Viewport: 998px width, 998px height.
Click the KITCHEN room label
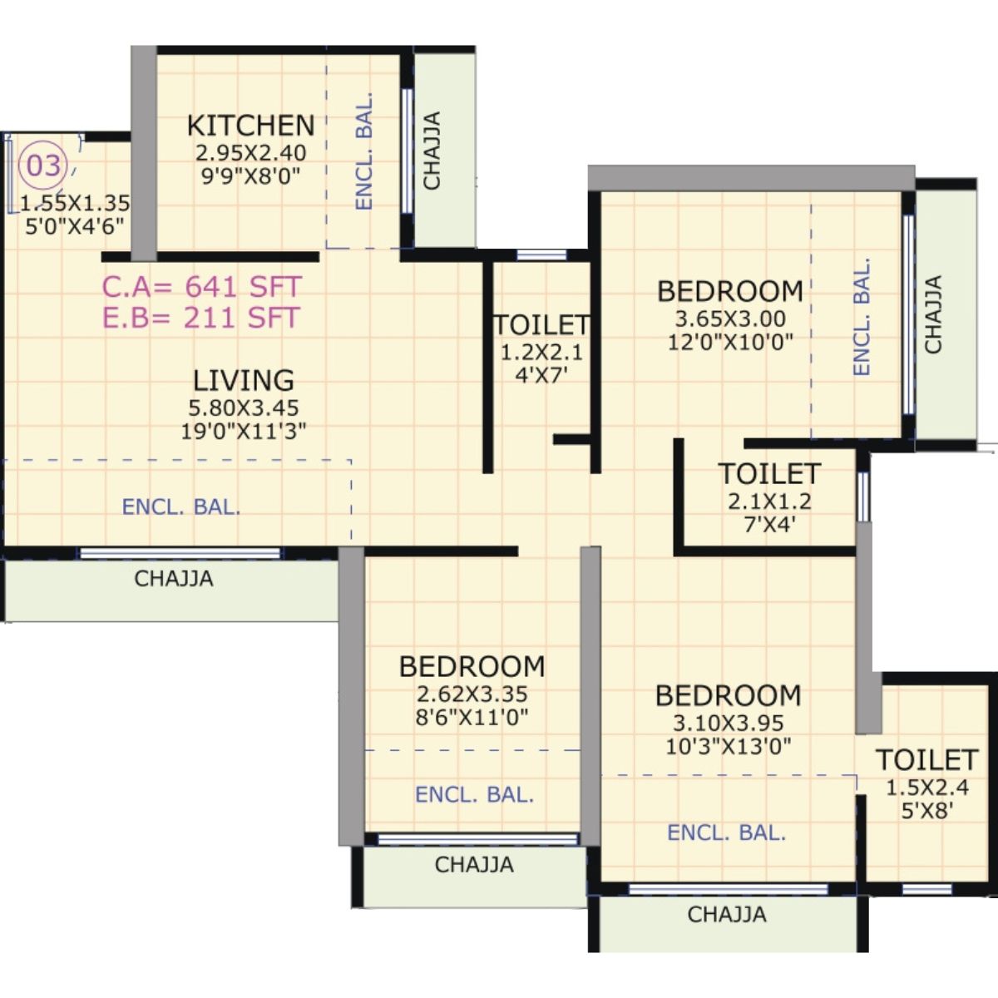[x=250, y=126]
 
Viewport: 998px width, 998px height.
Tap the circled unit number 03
[x=43, y=166]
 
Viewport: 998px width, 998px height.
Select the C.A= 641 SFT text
[x=201, y=287]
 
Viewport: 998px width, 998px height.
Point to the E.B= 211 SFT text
[x=200, y=318]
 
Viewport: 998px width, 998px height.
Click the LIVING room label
[x=244, y=381]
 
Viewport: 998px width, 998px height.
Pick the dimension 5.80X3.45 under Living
[x=244, y=408]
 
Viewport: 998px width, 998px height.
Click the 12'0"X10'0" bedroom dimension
[x=730, y=341]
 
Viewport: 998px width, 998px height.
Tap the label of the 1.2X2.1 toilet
[x=541, y=324]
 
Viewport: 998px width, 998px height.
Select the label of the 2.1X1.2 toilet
[x=769, y=474]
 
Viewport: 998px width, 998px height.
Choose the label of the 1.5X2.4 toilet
[x=926, y=760]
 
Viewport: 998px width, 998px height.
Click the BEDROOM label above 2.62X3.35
[x=472, y=666]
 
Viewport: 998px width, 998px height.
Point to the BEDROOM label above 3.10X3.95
[x=728, y=695]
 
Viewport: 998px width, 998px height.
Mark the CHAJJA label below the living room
[x=174, y=579]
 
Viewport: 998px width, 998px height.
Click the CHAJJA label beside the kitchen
[x=432, y=151]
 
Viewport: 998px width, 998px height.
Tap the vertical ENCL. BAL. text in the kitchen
[x=363, y=151]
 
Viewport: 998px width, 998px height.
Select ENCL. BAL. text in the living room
[x=181, y=507]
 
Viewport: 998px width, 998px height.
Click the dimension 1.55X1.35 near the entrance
[x=75, y=203]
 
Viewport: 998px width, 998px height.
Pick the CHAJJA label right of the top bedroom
[x=934, y=314]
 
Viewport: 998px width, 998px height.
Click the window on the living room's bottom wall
[x=180, y=553]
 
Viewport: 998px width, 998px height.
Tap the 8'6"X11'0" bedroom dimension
[x=472, y=717]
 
